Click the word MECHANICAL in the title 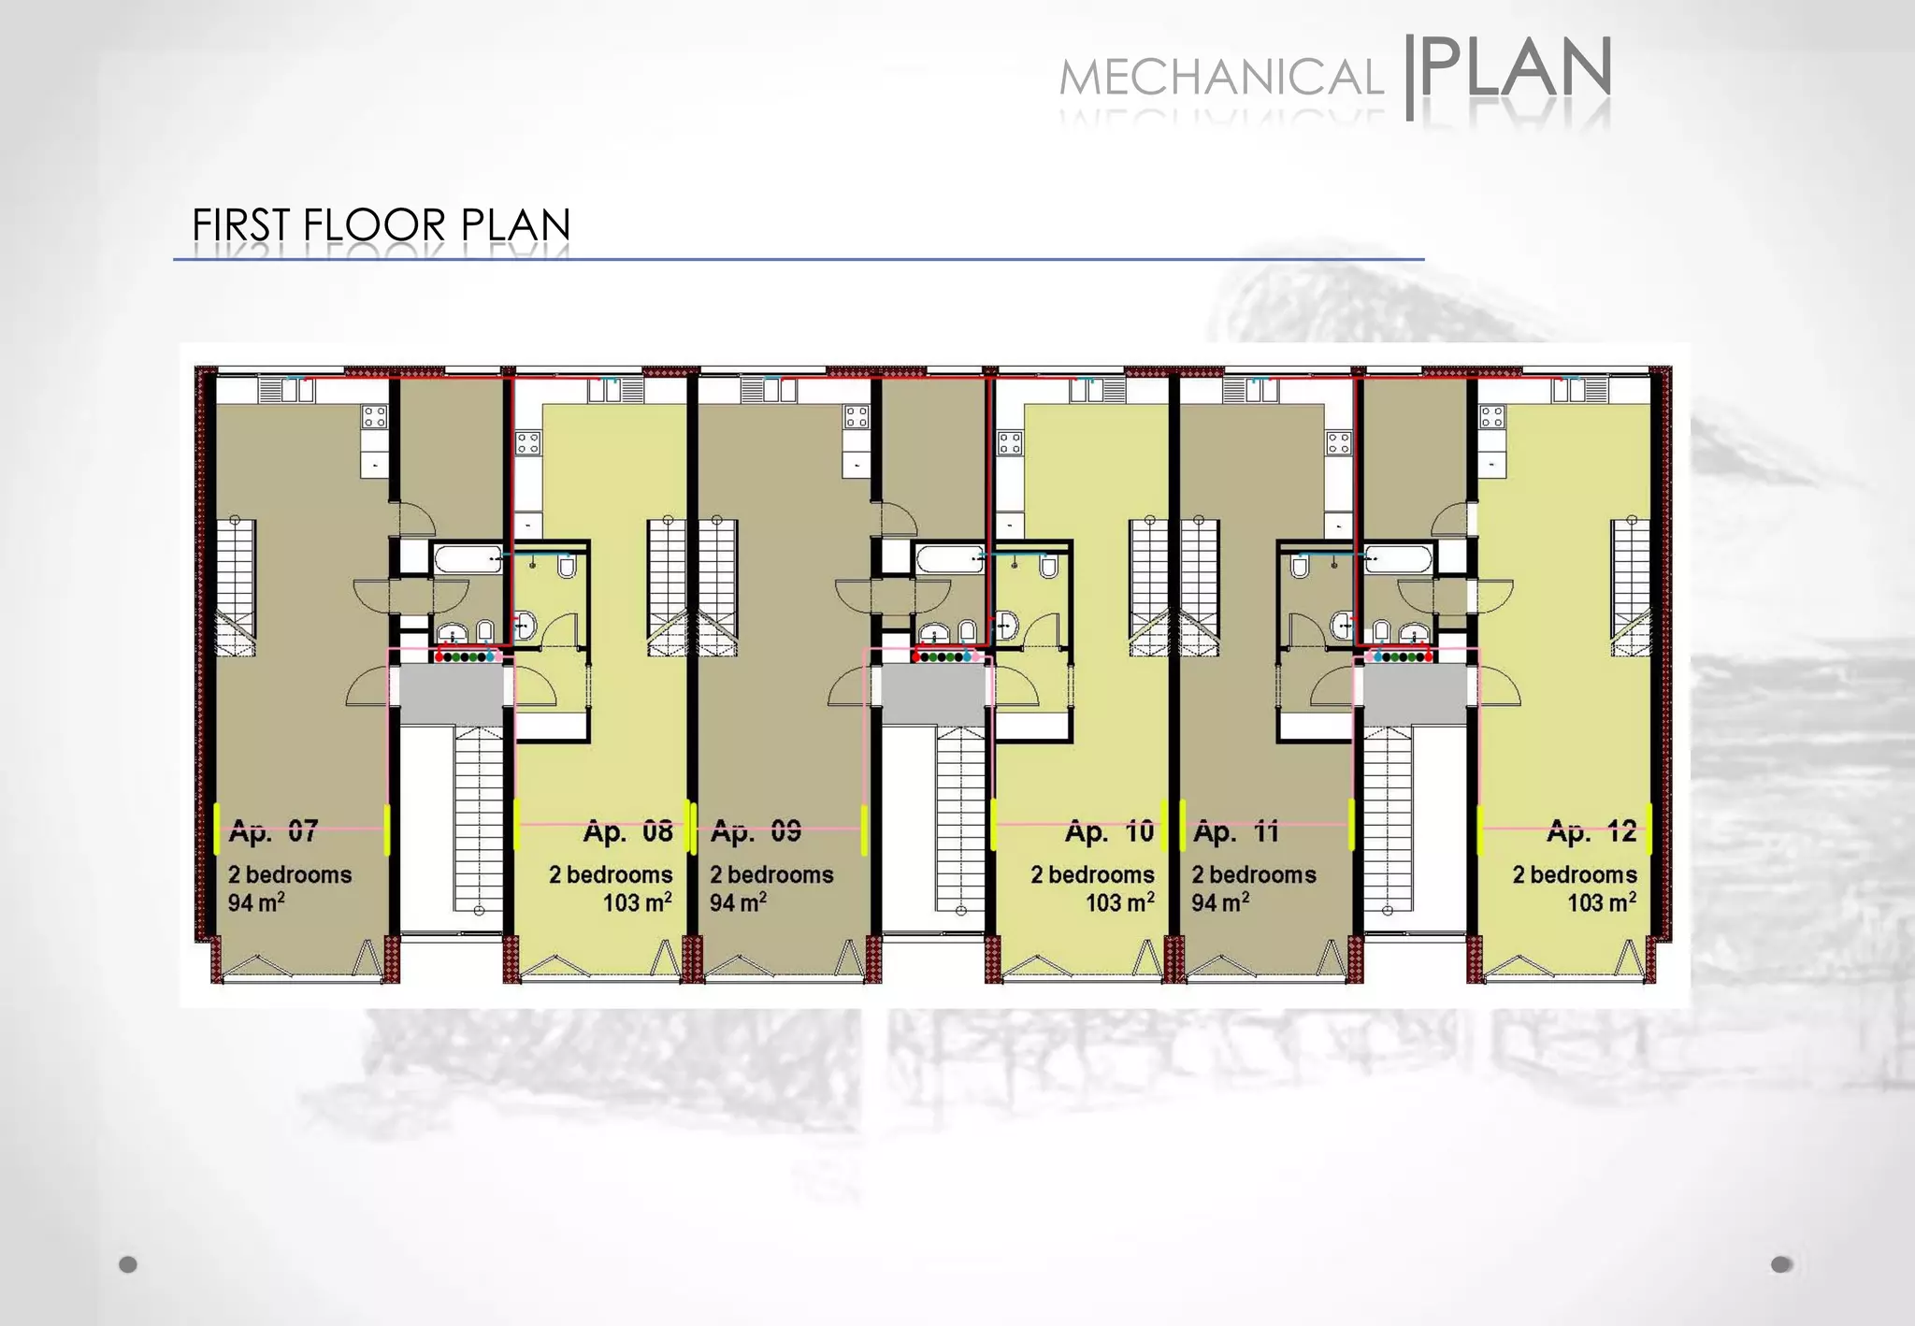[1220, 78]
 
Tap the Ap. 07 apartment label [273, 830]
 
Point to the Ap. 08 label [627, 831]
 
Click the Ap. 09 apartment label [756, 830]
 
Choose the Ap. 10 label [1110, 831]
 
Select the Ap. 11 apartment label [1236, 830]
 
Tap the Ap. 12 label [1591, 830]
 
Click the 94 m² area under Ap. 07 [256, 902]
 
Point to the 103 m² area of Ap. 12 [1602, 902]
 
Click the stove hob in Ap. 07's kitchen [375, 416]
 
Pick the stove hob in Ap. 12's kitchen [1491, 416]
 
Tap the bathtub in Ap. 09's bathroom [949, 560]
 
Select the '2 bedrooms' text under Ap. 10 [1092, 874]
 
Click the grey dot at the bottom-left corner [128, 1264]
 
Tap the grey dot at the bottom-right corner [1781, 1264]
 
